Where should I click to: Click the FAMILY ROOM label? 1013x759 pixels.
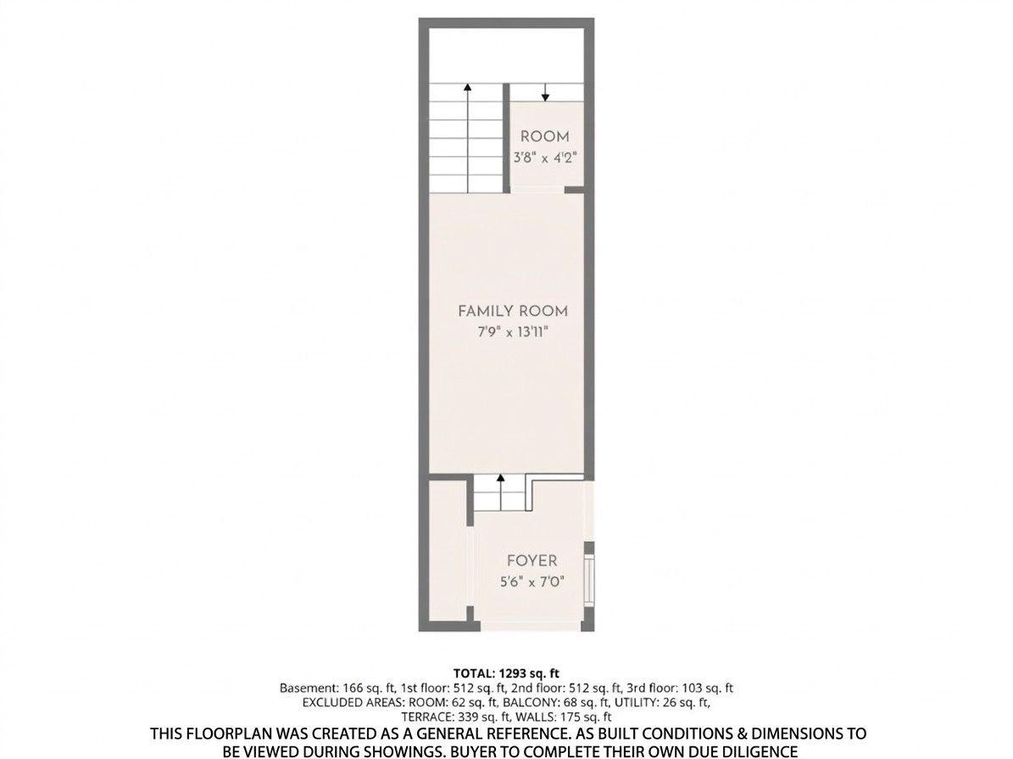[x=513, y=311]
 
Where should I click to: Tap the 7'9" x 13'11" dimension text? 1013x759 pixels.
[x=513, y=333]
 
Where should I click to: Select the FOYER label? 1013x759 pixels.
[x=532, y=560]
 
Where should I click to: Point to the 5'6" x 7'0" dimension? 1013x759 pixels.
[x=532, y=582]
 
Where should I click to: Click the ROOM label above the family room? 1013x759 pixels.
[x=545, y=136]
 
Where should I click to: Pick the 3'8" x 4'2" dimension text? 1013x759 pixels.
[x=545, y=158]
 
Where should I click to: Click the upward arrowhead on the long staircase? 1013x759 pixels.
[x=467, y=86]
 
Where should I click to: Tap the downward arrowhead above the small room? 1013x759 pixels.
[x=545, y=97]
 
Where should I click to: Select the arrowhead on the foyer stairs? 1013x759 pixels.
[x=500, y=479]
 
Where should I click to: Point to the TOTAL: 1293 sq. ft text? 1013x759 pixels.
[x=506, y=673]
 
